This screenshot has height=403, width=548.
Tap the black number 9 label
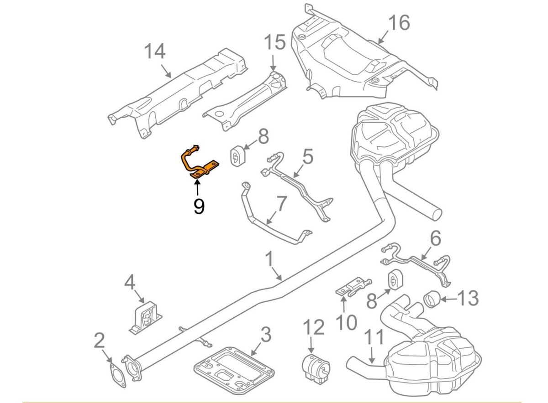[x=199, y=207]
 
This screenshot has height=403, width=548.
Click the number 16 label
[x=399, y=22]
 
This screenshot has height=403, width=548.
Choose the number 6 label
[x=435, y=238]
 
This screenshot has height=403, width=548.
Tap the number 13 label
[x=467, y=299]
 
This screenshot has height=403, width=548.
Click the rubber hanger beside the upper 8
[x=237, y=156]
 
